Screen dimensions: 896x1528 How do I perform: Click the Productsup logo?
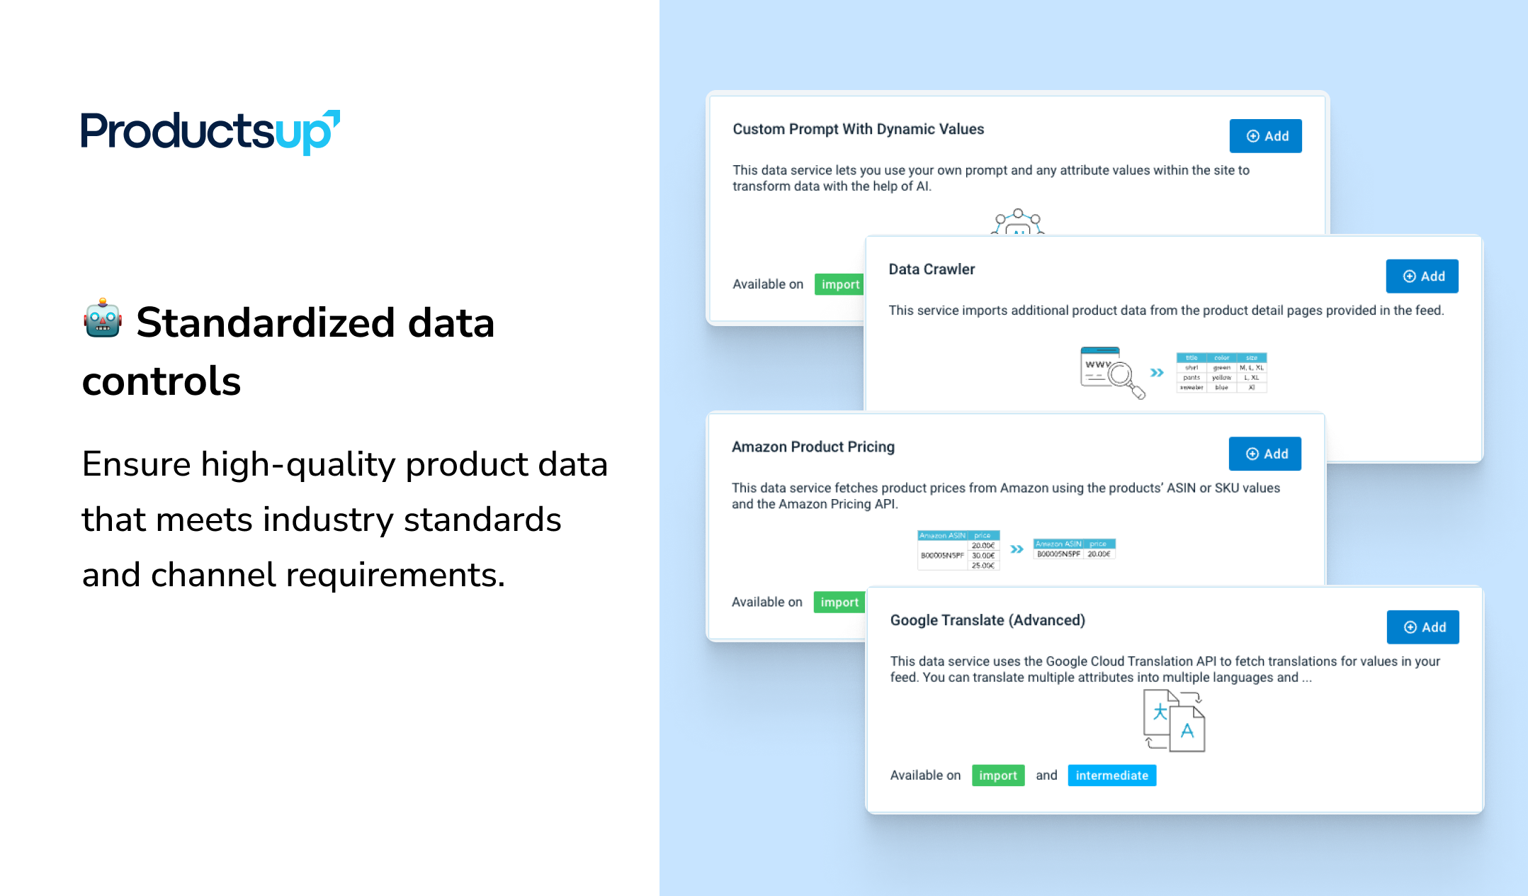click(210, 132)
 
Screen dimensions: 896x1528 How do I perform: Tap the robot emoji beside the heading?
click(103, 319)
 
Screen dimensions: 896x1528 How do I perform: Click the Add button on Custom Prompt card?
click(1265, 136)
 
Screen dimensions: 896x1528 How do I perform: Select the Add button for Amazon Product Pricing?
click(1264, 454)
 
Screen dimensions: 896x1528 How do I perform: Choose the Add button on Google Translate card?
click(1422, 627)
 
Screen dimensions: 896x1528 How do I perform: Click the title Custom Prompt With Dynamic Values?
click(858, 129)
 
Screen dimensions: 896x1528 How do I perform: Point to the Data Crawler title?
click(932, 269)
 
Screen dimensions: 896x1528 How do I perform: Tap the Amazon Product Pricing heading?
click(813, 447)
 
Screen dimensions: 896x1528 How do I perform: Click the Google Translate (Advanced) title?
click(987, 620)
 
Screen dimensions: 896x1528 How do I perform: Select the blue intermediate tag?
click(1111, 775)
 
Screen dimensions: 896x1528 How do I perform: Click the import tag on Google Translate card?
click(997, 775)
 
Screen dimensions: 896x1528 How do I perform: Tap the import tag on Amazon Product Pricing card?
click(839, 603)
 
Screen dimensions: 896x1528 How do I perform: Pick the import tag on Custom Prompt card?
click(839, 284)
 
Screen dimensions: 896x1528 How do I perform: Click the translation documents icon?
click(1174, 720)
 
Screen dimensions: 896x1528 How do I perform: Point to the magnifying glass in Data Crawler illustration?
click(1123, 376)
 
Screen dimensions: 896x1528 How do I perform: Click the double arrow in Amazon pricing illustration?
click(1017, 549)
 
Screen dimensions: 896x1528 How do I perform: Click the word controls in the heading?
click(162, 381)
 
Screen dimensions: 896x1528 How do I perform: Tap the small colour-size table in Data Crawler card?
click(1221, 372)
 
